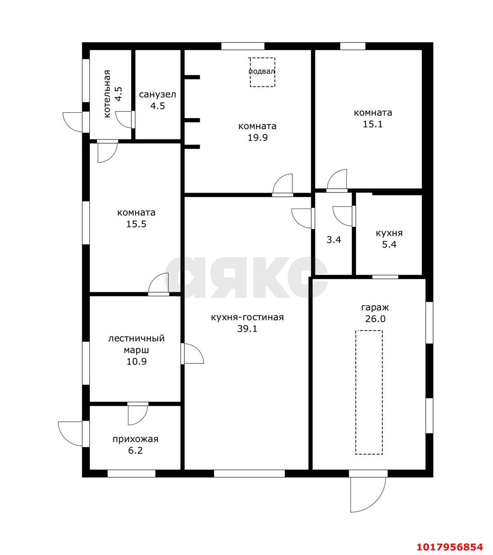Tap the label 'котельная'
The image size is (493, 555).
point(107,94)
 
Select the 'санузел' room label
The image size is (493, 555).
point(157,95)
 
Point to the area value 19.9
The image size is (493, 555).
point(258,137)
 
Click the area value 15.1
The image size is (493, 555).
point(373,124)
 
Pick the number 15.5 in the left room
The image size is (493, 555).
point(136,224)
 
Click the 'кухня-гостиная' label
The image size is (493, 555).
point(247,317)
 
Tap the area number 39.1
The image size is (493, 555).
point(247,329)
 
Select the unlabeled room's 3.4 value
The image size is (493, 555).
point(334,240)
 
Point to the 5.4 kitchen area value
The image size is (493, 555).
point(389,245)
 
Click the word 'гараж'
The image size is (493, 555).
point(375,307)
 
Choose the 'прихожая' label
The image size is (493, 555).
point(135,439)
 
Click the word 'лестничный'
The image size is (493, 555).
point(137,338)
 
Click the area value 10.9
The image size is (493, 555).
point(137,362)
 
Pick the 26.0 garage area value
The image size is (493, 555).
point(375,319)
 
